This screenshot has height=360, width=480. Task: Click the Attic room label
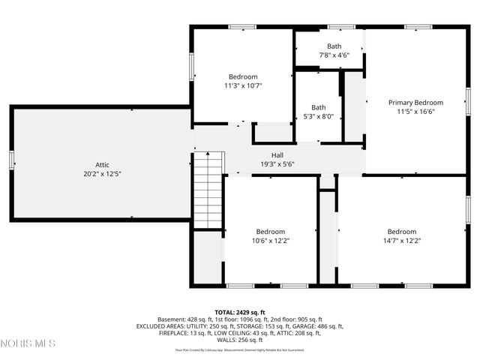(102, 164)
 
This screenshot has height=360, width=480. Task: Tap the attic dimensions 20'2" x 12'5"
(102, 173)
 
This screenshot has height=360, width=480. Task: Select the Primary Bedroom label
(415, 102)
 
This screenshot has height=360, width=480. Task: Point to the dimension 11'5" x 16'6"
(415, 112)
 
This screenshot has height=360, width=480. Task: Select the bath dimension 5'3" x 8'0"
(319, 116)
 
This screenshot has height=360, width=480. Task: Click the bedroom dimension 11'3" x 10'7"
(243, 85)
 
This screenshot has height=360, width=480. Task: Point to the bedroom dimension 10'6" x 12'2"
(271, 241)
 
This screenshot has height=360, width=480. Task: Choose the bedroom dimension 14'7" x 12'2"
(401, 241)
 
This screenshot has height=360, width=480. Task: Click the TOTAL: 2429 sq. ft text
(240, 312)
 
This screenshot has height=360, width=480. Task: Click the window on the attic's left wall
(12, 160)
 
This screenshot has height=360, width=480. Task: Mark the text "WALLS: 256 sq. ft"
(240, 340)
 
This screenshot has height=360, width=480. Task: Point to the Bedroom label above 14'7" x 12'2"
(401, 232)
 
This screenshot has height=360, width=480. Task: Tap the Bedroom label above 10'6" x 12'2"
(271, 232)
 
